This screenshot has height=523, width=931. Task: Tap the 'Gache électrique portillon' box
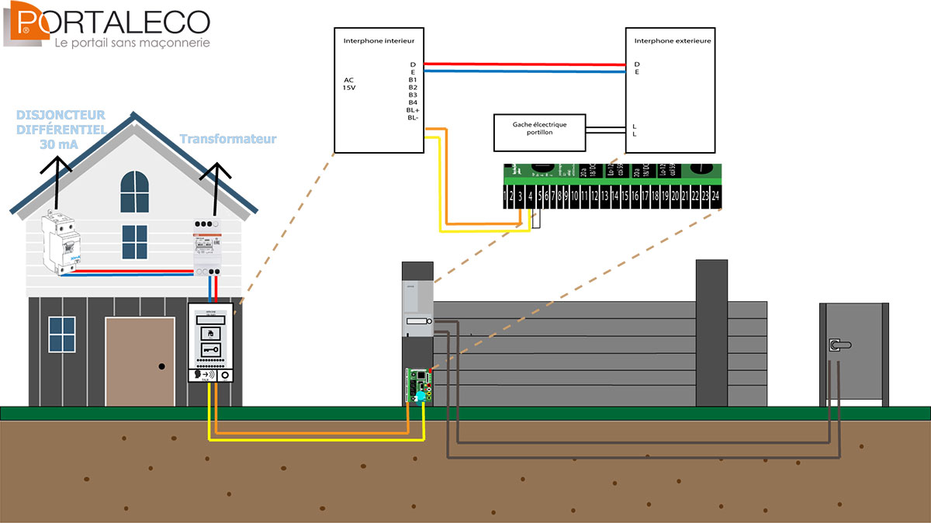pos(538,129)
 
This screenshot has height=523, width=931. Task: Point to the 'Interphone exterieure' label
pos(673,40)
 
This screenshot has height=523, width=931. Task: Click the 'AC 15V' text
pos(350,83)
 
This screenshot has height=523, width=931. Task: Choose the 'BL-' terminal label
pos(413,118)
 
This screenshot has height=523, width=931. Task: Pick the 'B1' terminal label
pos(413,79)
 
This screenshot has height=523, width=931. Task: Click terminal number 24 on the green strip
pos(716,197)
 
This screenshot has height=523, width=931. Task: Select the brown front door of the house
pos(140,361)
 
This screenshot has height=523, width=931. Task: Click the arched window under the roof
pos(134,193)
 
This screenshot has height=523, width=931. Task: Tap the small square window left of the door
pos(61,334)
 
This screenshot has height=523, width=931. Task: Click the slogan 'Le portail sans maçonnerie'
pos(132,43)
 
